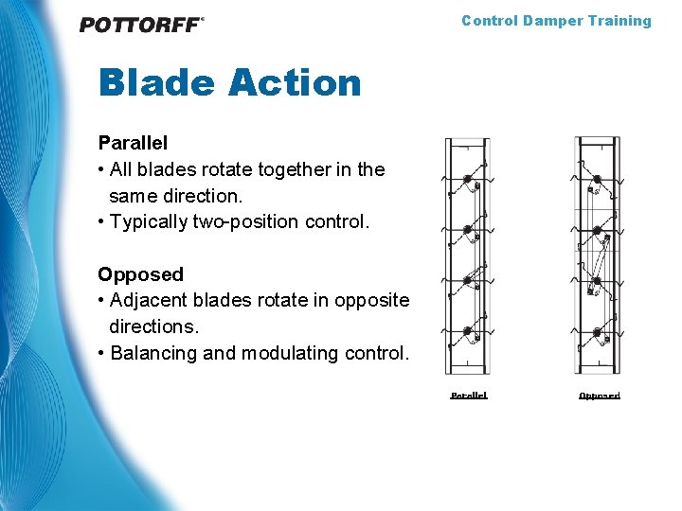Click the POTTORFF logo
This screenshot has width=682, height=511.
pos(141,25)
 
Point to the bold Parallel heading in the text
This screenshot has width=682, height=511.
pos(133,143)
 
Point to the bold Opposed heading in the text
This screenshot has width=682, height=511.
pos(140,274)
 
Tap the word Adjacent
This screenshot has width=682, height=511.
pos(149,300)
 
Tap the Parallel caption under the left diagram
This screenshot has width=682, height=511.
pos(469,395)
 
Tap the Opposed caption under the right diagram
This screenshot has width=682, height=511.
pos(599,395)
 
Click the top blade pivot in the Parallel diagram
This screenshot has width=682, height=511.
pos(467,179)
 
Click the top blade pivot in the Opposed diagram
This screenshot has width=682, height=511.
pos(598,179)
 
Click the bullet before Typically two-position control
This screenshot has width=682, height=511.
pos(101,222)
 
